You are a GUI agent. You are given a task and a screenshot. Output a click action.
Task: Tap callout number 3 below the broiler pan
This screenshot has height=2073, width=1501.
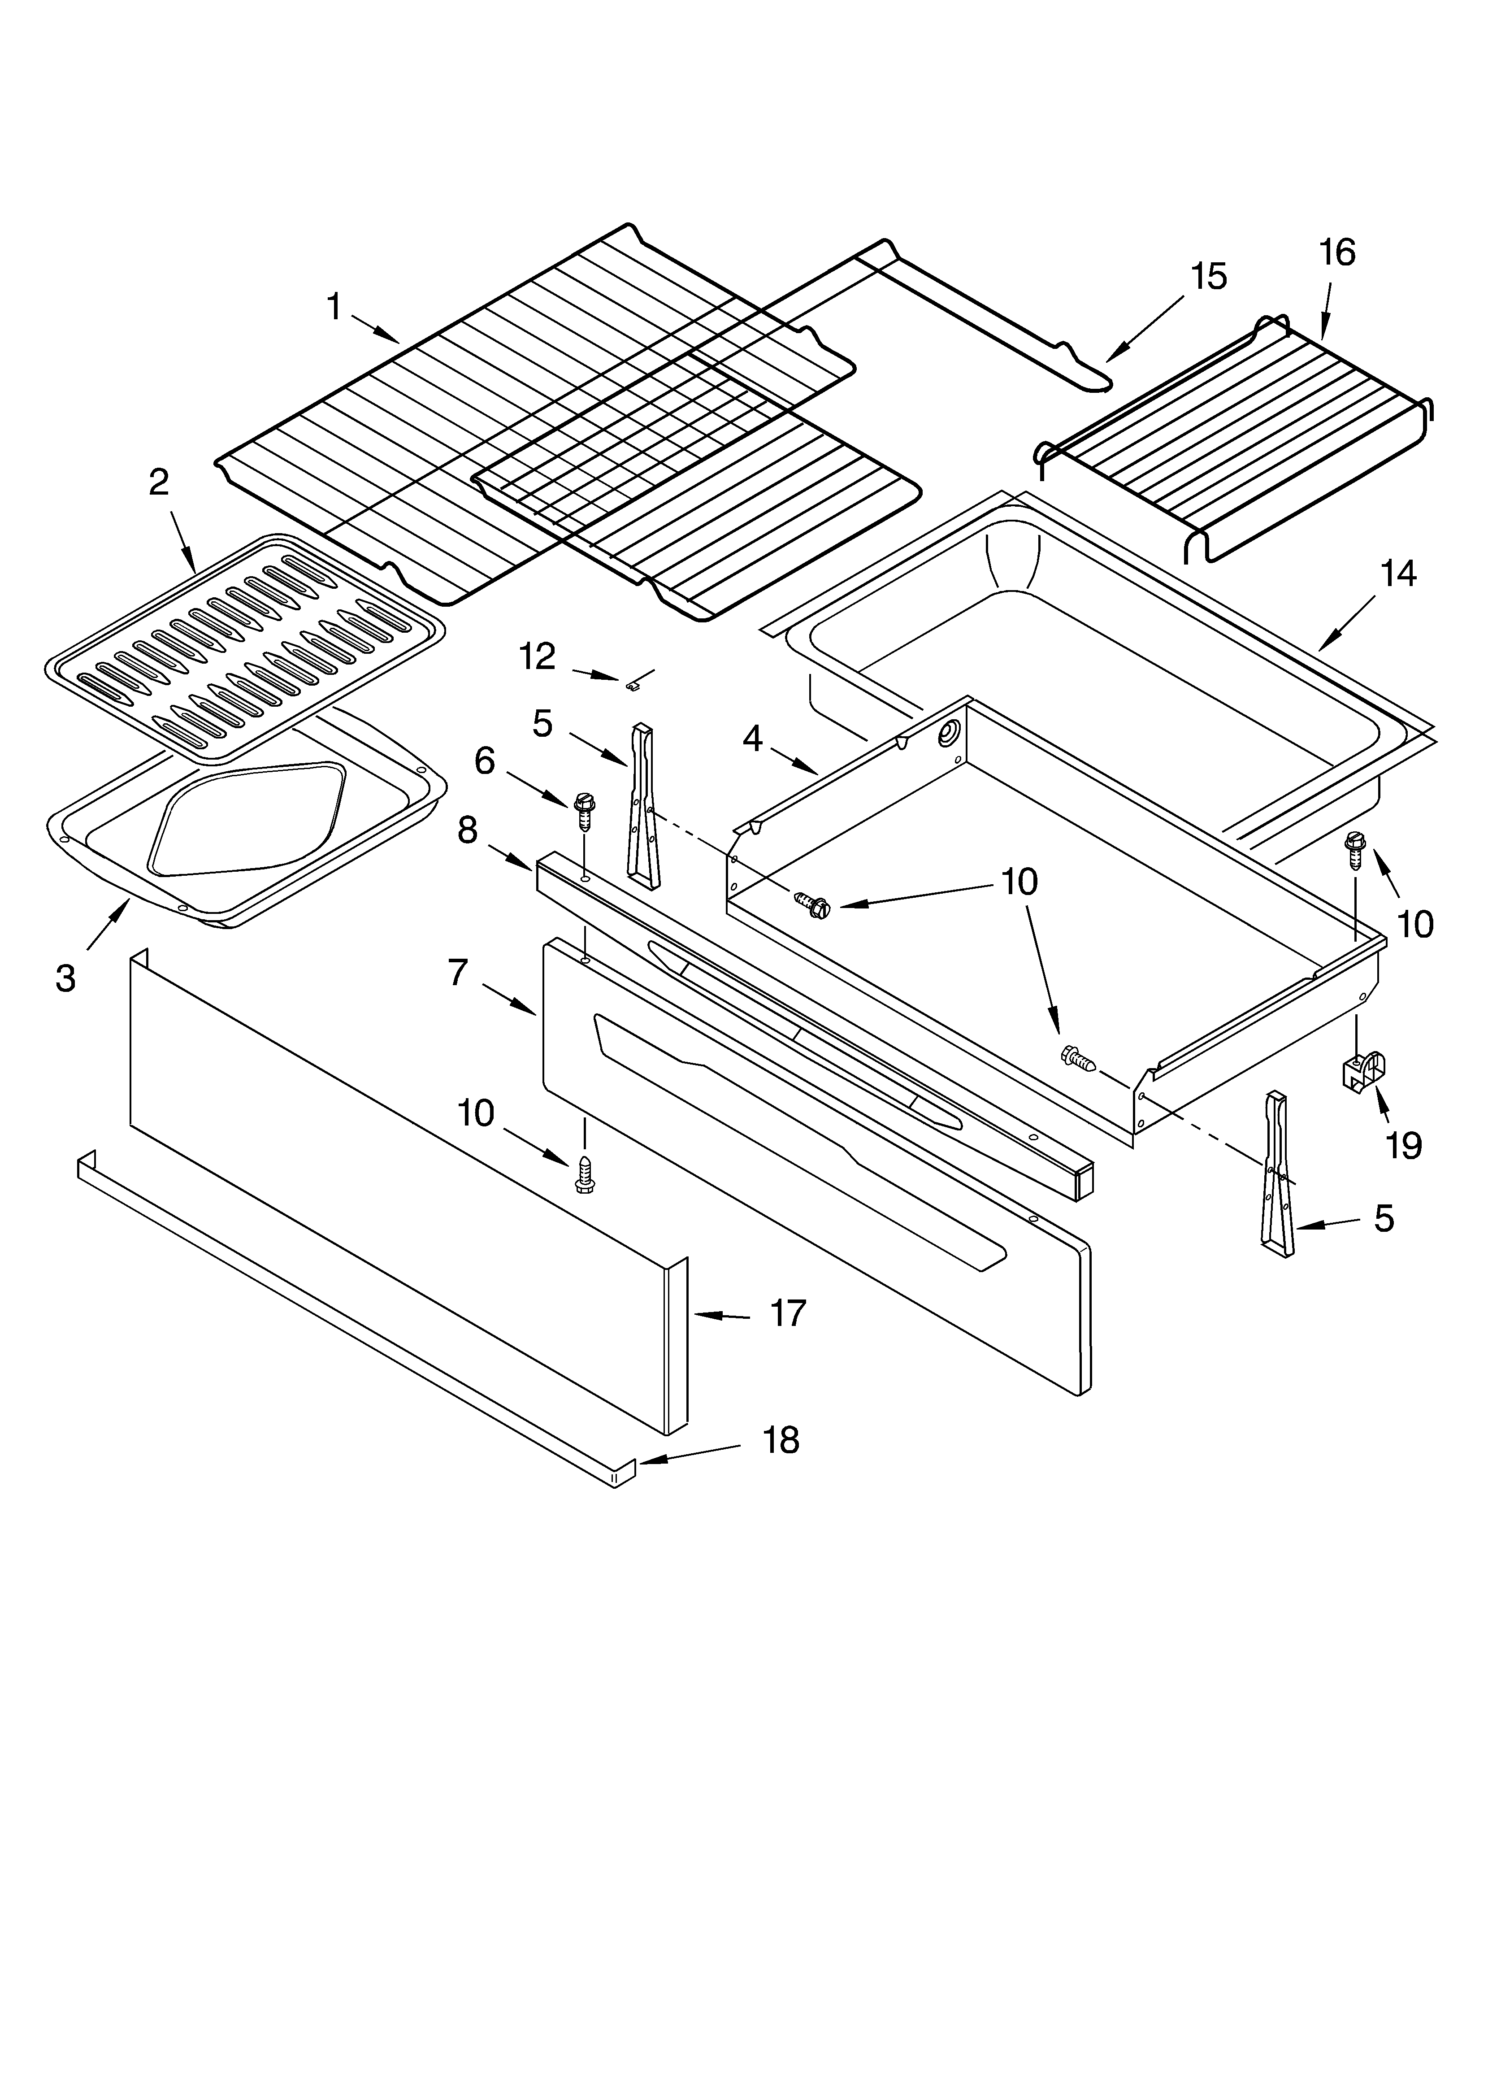(x=65, y=978)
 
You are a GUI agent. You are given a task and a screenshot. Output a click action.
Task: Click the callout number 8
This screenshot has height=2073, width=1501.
(x=467, y=830)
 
